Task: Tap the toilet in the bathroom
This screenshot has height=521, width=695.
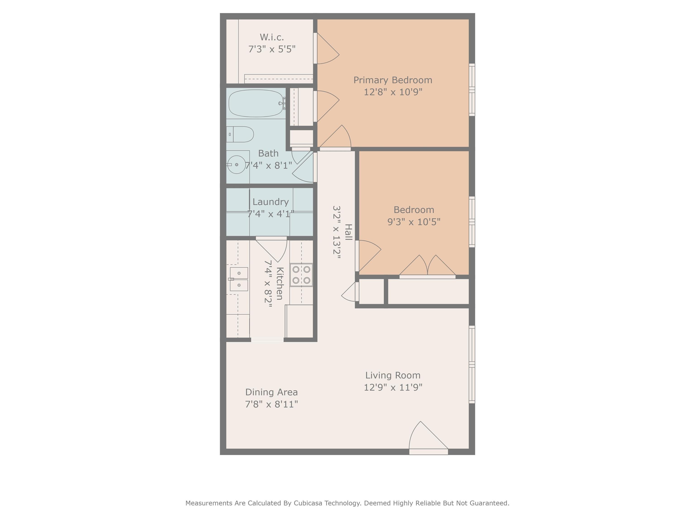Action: pos(240,134)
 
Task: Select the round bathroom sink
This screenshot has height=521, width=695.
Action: pos(236,165)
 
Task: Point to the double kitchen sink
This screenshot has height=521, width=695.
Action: pos(238,279)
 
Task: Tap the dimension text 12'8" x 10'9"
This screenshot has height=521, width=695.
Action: pos(393,92)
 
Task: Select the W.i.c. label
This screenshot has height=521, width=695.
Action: pos(272,37)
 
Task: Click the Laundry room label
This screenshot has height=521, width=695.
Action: pos(271,202)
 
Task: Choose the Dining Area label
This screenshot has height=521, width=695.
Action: pos(271,392)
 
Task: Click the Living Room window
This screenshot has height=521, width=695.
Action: pos(472,364)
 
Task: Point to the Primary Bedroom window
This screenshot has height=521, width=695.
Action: pos(472,90)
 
